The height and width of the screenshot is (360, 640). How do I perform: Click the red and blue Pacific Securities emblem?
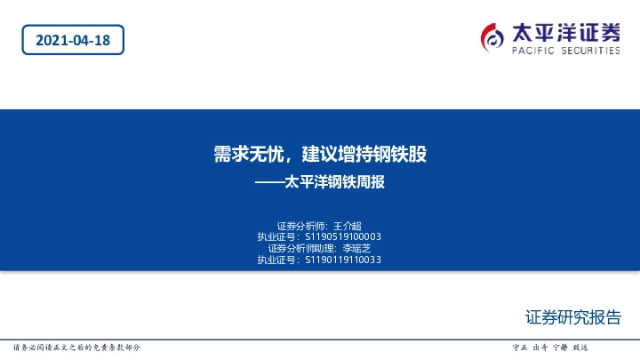pyautogui.click(x=493, y=36)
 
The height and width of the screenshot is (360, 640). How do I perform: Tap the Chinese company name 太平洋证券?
pyautogui.click(x=565, y=33)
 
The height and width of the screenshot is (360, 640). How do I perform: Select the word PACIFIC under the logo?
pyautogui.click(x=532, y=52)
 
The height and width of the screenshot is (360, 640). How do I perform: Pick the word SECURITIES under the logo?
pyautogui.click(x=590, y=52)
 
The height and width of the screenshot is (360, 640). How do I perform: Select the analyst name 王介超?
pyautogui.click(x=347, y=226)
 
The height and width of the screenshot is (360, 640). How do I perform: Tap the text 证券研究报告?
pyautogui.click(x=573, y=317)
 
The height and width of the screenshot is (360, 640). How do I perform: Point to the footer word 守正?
pyautogui.click(x=521, y=347)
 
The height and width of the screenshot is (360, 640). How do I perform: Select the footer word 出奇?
pyautogui.click(x=540, y=347)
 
